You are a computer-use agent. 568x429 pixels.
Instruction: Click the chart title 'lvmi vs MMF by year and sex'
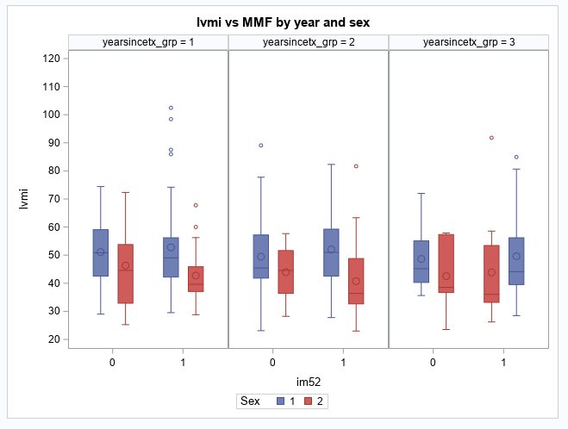284,21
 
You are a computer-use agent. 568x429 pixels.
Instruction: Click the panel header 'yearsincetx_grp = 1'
147,42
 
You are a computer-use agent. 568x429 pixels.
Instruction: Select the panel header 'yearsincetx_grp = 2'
308,42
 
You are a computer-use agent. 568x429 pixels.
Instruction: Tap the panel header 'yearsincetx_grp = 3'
468,42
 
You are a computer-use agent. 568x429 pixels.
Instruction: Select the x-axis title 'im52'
308,380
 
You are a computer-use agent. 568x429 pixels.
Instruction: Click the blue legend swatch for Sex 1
280,401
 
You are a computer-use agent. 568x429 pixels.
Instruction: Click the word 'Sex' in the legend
250,401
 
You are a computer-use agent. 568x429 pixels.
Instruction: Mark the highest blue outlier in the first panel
171,108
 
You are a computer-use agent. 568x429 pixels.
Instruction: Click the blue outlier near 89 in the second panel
261,146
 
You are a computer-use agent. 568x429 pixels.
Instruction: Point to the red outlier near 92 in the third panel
492,138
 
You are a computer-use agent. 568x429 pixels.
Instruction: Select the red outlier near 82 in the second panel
356,166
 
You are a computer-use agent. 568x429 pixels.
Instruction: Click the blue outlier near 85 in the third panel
516,157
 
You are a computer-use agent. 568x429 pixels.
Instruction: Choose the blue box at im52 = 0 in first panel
101,252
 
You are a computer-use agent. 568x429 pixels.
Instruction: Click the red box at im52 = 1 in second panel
356,281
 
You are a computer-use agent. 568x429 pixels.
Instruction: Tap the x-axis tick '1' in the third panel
503,363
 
